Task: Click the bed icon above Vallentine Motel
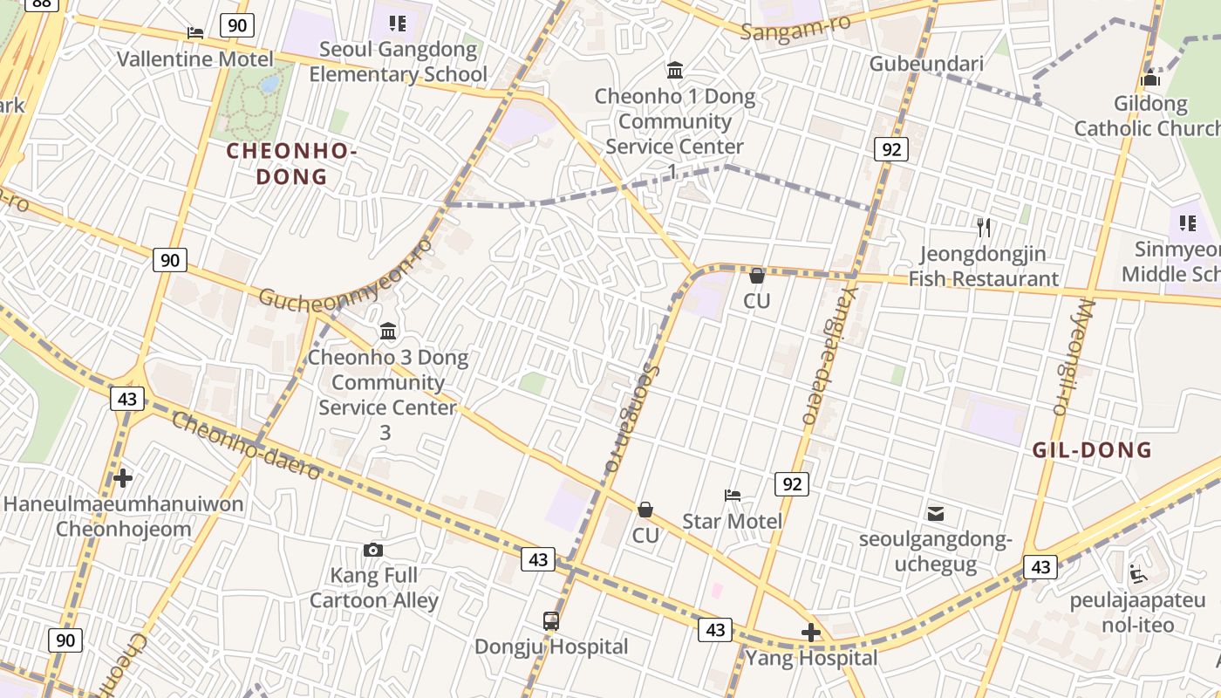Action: click(x=195, y=33)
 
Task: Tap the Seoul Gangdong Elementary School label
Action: click(x=398, y=61)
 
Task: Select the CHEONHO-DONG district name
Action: click(x=291, y=164)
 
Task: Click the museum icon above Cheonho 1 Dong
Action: click(x=675, y=70)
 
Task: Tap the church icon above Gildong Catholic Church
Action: click(x=1150, y=78)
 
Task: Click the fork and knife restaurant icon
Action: click(x=984, y=229)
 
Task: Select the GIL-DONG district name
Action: click(x=1092, y=450)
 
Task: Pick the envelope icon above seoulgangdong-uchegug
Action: click(x=936, y=513)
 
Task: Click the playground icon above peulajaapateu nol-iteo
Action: click(x=1137, y=574)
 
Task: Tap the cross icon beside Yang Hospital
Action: click(x=811, y=633)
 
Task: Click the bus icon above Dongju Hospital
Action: click(x=551, y=621)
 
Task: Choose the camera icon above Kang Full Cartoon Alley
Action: click(x=373, y=550)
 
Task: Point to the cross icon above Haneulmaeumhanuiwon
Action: click(x=123, y=478)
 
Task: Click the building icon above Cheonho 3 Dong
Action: click(x=388, y=332)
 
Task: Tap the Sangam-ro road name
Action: click(x=795, y=27)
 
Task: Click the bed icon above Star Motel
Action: click(x=733, y=496)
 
